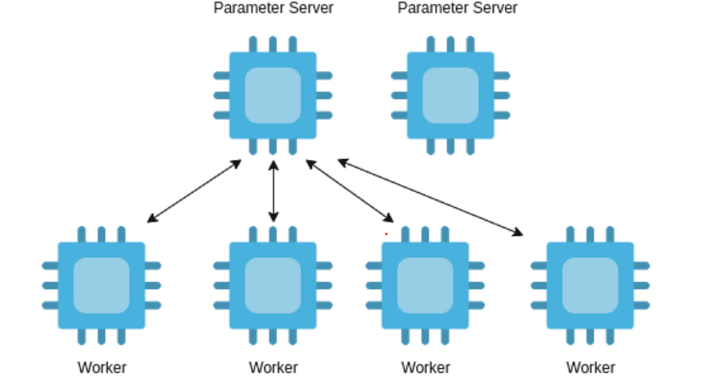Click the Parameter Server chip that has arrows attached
(272, 95)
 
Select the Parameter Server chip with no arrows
(450, 95)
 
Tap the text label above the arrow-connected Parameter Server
(272, 8)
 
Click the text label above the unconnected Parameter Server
(457, 8)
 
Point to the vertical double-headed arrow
(273, 191)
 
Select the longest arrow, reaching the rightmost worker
(430, 197)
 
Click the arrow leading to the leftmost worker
(195, 191)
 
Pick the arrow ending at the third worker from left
(350, 191)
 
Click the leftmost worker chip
(101, 285)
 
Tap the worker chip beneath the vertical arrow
(272, 285)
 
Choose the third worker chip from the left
(425, 285)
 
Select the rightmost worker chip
(590, 285)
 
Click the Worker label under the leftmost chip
(102, 368)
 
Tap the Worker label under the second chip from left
(273, 368)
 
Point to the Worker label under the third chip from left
(426, 368)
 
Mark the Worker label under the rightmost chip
(591, 368)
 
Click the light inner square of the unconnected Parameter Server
(450, 95)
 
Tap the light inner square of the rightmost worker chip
(590, 285)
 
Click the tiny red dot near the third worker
(386, 233)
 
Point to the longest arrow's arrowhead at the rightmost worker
(518, 233)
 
